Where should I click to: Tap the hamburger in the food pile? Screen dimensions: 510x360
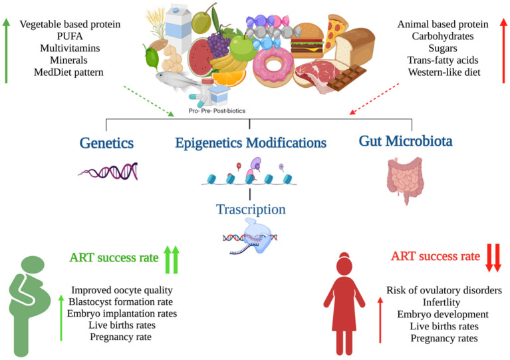(307, 40)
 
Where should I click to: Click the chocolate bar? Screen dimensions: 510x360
(346, 77)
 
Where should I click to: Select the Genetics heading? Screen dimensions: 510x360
(106, 143)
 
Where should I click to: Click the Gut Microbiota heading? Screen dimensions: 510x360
(406, 141)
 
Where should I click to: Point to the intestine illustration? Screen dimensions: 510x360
(405, 180)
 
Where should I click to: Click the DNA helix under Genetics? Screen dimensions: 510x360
(108, 171)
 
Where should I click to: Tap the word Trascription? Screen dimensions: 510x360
(251, 210)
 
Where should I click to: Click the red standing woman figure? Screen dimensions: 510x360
(344, 303)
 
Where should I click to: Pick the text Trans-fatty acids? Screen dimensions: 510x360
(443, 60)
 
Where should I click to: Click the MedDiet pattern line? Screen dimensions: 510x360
(68, 73)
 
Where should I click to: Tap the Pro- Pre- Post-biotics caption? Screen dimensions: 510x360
(217, 110)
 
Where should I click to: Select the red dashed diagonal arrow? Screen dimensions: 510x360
(374, 98)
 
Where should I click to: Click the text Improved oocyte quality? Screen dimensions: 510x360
(122, 290)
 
